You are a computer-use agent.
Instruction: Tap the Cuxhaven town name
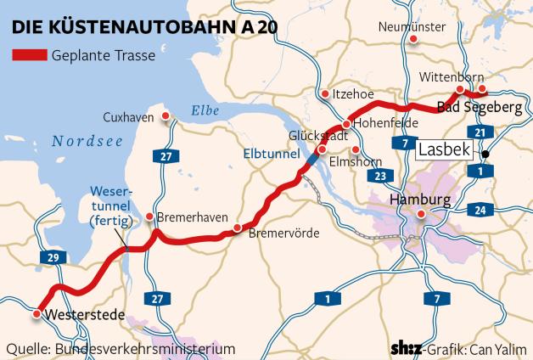click(x=128, y=117)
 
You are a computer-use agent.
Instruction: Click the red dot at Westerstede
click(x=36, y=313)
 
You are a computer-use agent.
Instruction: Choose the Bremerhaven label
click(x=192, y=217)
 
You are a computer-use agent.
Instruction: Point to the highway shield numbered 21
click(x=480, y=132)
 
